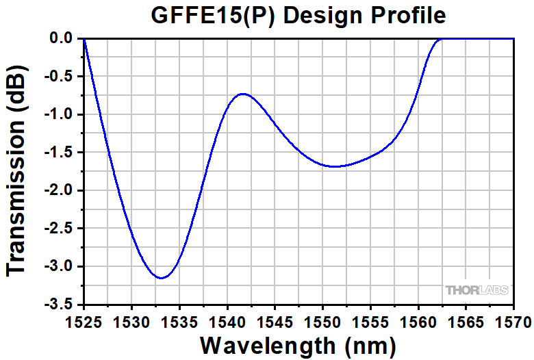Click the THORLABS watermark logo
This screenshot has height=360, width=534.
(x=477, y=290)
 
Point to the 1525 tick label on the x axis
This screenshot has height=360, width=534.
(x=84, y=321)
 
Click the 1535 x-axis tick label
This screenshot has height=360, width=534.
(x=179, y=321)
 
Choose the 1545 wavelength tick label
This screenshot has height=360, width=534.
(x=275, y=321)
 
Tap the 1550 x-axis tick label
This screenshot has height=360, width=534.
(x=322, y=321)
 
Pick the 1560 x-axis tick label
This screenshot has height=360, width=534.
(x=418, y=321)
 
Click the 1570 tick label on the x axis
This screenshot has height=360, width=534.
(x=513, y=321)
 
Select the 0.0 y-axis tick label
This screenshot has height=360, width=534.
(x=62, y=38)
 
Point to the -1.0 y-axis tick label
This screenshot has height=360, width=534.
(x=60, y=114)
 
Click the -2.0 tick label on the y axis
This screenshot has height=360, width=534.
(x=60, y=190)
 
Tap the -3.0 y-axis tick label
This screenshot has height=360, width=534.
(x=60, y=266)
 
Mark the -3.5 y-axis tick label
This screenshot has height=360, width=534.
(x=60, y=304)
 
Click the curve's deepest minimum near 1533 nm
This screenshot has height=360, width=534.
(x=161, y=278)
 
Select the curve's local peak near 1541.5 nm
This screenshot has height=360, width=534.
(x=242, y=94)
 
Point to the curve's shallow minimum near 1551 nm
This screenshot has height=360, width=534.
(x=335, y=166)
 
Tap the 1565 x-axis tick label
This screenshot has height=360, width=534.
(x=466, y=321)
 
